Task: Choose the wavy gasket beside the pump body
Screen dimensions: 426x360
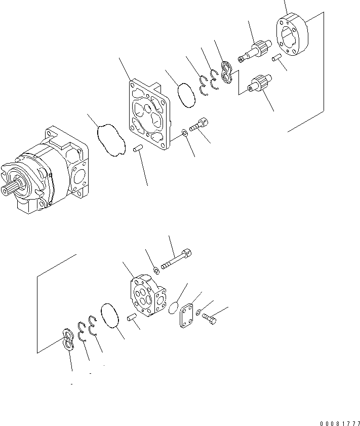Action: [x=111, y=139]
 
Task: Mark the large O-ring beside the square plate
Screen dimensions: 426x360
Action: [x=187, y=95]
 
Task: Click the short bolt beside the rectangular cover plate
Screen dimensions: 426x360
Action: [x=209, y=318]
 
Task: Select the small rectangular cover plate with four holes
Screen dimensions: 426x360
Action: [x=187, y=315]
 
